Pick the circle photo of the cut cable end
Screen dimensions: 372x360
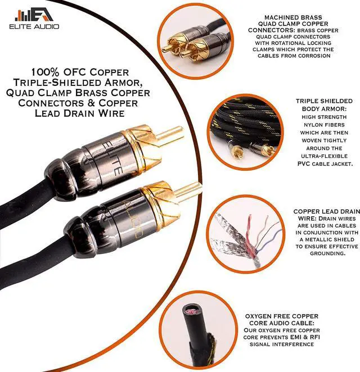coord(194,335)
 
